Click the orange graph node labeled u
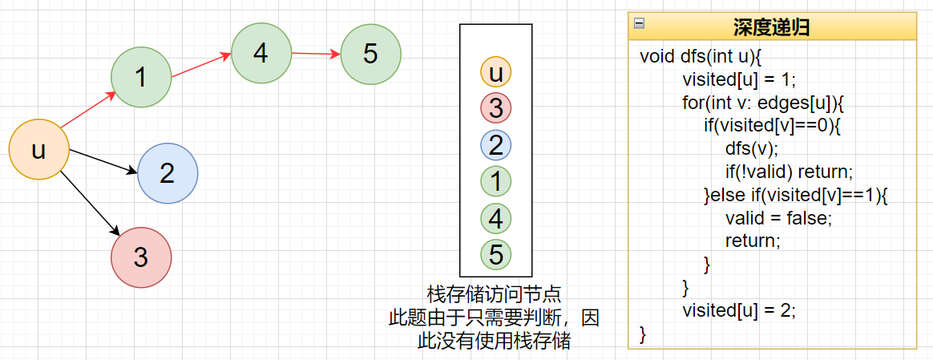[38, 150]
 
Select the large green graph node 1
[141, 77]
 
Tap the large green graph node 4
[261, 53]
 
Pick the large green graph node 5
[370, 54]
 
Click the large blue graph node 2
[168, 173]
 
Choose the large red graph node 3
[141, 257]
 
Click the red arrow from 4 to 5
[316, 54]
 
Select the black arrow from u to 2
[103, 160]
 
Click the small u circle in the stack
[495, 72]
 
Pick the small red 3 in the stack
[495, 108]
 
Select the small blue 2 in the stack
[495, 145]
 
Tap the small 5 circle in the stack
[495, 254]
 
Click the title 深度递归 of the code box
[771, 27]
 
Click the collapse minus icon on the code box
[639, 23]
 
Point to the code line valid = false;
[778, 218]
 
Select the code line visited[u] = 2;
[739, 311]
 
